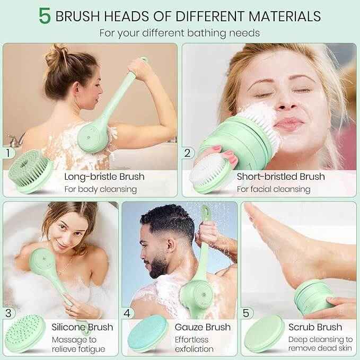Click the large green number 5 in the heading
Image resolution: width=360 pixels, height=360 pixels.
coord(45,16)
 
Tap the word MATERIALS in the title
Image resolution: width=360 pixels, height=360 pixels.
coord(285,16)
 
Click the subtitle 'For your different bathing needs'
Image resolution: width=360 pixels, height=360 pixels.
coord(180,33)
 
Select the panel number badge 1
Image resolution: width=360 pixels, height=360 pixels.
coord(8,153)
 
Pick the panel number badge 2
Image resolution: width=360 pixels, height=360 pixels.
coord(188,153)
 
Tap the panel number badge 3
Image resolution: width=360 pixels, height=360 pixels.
coord(8,313)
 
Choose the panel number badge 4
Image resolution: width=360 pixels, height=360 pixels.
coord(127,313)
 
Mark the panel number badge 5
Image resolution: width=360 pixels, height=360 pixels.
coord(246,313)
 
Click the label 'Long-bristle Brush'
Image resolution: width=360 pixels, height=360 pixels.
coord(104,177)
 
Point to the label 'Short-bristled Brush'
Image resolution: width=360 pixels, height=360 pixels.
coord(281,177)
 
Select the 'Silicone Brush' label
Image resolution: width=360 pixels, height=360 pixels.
coord(82,327)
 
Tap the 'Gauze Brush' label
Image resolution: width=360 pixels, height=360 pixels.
coord(203,327)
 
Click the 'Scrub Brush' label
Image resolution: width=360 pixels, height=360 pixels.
coord(315,327)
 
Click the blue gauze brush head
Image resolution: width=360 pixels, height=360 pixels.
coord(147,333)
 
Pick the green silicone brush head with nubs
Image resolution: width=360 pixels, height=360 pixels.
coord(25,333)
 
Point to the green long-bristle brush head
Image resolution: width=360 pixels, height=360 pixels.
coord(30,171)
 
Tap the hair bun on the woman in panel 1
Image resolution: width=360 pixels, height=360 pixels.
coord(56,56)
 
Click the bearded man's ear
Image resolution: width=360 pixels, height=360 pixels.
coord(170,245)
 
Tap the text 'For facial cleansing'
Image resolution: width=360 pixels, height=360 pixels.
coord(274,189)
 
